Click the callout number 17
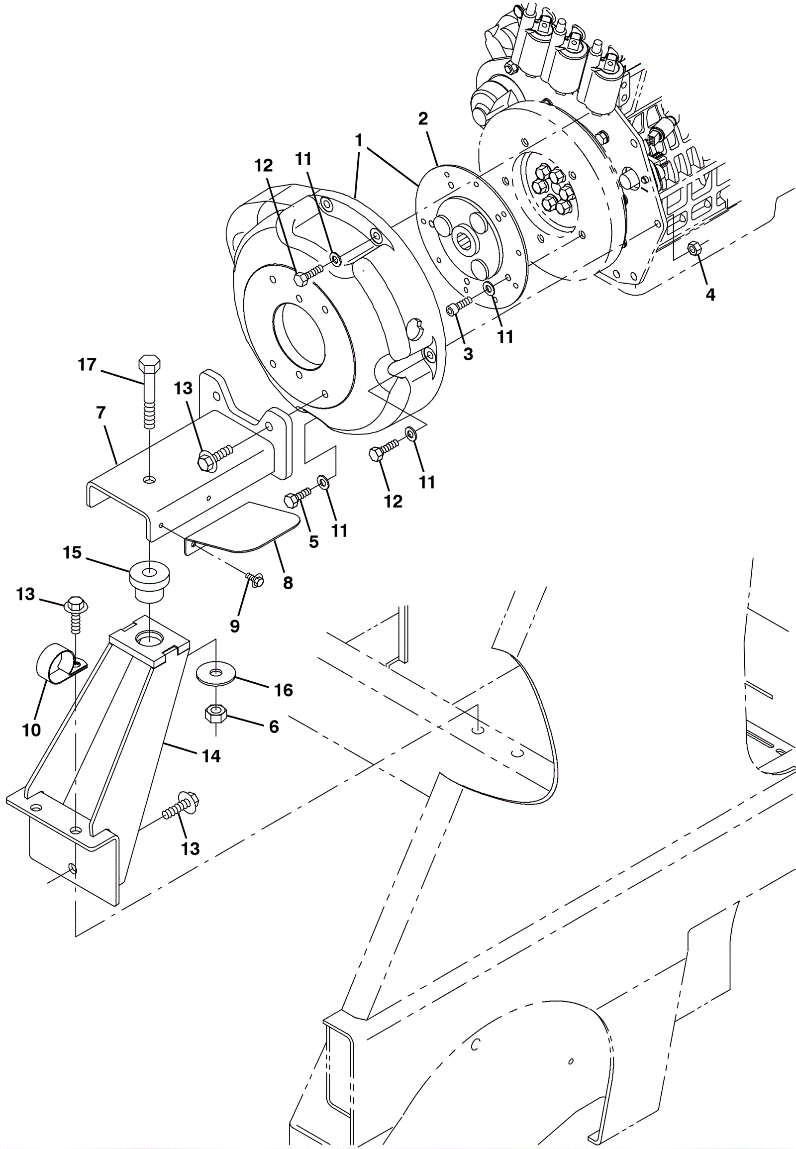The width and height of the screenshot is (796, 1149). click(x=87, y=365)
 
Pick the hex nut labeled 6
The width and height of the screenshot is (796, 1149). click(x=215, y=714)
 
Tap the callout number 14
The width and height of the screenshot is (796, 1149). click(x=211, y=756)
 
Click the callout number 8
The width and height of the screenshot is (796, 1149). click(x=288, y=583)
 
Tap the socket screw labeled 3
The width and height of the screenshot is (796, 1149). click(x=459, y=306)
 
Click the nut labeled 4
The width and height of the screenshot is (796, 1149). click(x=694, y=248)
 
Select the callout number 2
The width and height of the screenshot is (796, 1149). click(x=423, y=119)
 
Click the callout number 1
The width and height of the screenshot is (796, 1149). click(x=359, y=141)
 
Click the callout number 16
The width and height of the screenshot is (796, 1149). click(x=283, y=690)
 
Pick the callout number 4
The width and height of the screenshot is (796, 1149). click(x=710, y=295)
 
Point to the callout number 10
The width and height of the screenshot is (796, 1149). click(x=31, y=730)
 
